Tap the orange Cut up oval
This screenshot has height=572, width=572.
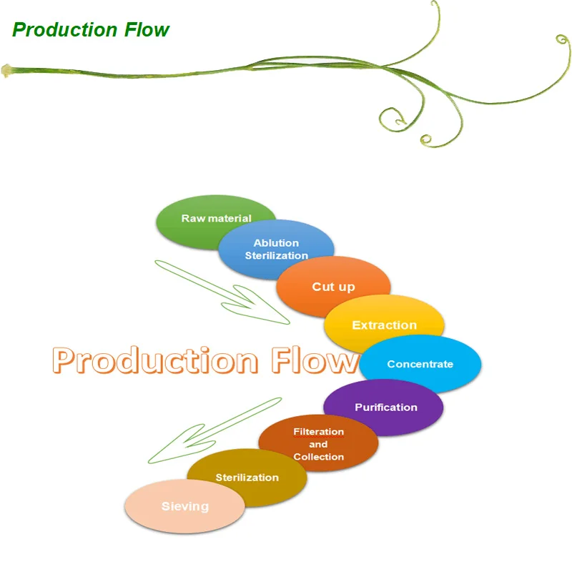point(333,287)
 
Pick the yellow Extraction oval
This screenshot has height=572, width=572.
point(384,325)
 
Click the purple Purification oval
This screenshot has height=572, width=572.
point(386,408)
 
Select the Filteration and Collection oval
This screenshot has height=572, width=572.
point(318,444)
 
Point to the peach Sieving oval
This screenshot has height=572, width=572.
point(184,506)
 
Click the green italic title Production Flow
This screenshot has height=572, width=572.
point(91,30)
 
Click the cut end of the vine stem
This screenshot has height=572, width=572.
point(6,70)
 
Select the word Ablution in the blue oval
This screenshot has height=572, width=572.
point(276,243)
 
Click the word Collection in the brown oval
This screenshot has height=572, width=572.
point(319,457)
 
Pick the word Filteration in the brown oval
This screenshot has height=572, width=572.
point(319,432)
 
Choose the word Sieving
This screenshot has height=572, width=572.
point(185,506)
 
